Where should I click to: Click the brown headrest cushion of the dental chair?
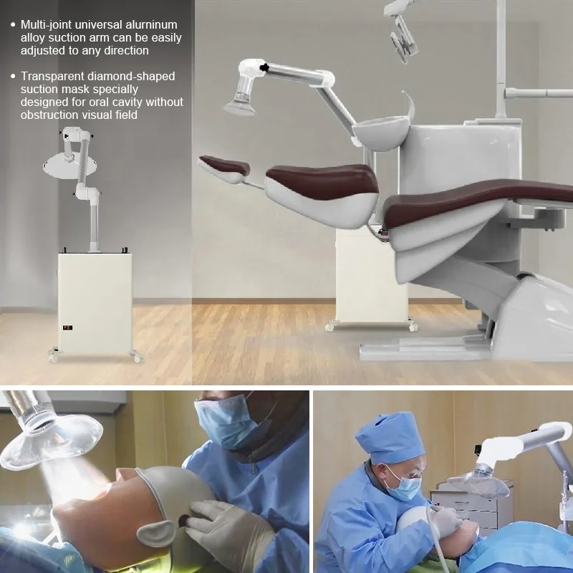pos(223,165)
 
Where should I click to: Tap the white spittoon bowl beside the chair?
pos(377,133)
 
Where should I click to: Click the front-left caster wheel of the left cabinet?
pos(52,355)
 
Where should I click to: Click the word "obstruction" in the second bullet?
pos(53,115)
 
